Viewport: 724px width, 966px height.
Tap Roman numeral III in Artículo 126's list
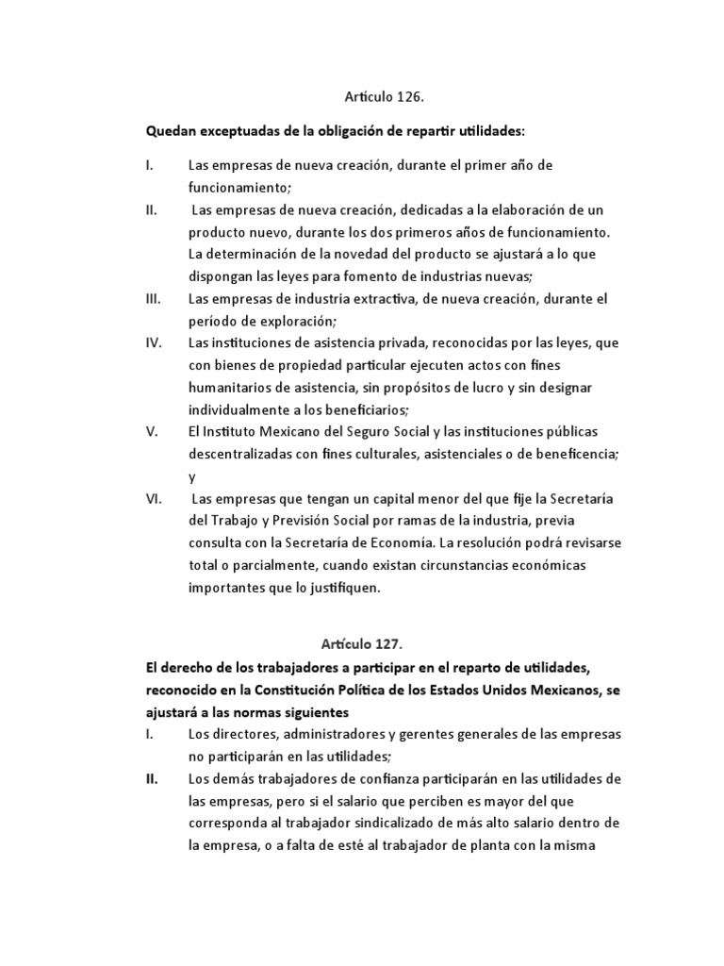155,298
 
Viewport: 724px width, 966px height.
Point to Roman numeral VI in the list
155,498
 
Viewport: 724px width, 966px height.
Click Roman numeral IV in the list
155,342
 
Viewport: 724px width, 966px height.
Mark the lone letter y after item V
191,477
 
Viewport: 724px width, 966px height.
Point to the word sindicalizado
388,823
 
